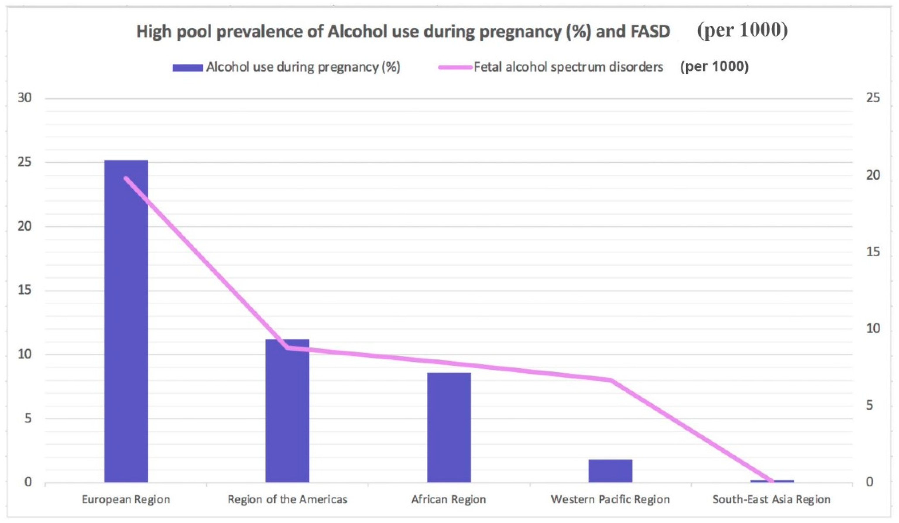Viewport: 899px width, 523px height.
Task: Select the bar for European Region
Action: coord(126,321)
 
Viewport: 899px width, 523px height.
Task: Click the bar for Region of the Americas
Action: coord(288,410)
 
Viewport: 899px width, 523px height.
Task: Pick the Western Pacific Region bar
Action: coord(610,471)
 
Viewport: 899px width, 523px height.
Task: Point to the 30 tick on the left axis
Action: coord(25,98)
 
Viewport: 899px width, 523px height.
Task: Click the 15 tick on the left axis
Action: coord(25,290)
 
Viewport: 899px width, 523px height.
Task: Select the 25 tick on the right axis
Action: coord(873,98)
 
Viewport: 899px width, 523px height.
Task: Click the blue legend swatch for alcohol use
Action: coord(188,67)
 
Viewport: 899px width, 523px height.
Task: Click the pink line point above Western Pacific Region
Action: coord(610,380)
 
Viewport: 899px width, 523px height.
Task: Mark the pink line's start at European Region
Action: coord(126,178)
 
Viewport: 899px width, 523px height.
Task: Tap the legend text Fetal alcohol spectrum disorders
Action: coord(568,67)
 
